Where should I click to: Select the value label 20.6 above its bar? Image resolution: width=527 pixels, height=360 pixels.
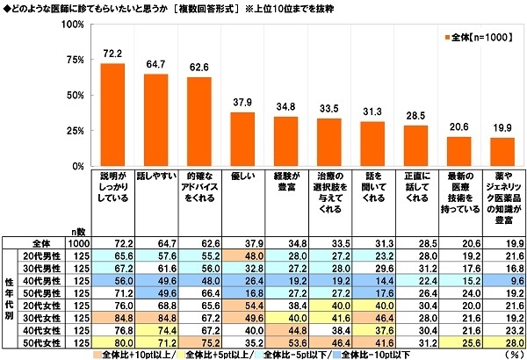pyautogui.click(x=458, y=128)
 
